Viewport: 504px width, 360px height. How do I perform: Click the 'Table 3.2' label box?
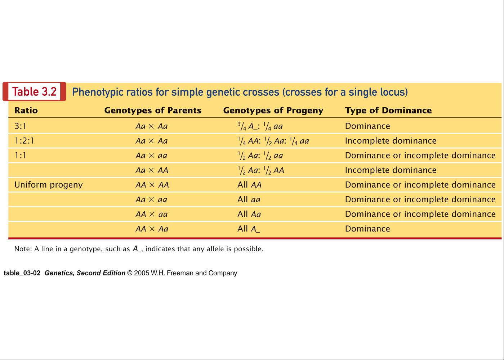pos(34,91)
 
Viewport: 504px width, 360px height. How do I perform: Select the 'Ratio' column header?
pos(26,111)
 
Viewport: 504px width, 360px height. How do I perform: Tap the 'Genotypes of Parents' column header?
pos(153,111)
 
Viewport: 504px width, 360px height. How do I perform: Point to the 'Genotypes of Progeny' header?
pos(273,111)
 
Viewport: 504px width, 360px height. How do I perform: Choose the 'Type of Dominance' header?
pos(388,111)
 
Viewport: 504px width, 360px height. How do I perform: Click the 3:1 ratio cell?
pos(21,126)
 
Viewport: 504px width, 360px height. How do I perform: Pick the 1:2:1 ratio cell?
pos(24,141)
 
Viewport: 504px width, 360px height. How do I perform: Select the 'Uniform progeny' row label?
pos(49,185)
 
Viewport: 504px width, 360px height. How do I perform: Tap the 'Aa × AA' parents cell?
pos(152,170)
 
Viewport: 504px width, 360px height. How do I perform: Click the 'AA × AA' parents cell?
pos(152,185)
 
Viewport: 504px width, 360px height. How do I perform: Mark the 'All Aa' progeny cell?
pos(249,214)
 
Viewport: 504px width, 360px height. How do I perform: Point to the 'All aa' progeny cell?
pos(249,199)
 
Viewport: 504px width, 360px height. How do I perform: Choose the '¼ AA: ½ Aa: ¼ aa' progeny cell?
pos(273,141)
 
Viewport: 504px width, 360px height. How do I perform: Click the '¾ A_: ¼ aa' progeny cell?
pos(260,126)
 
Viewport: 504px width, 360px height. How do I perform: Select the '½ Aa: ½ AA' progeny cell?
pos(261,170)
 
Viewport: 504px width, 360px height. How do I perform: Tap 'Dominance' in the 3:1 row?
pos(367,126)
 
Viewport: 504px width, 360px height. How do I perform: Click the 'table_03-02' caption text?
pos(22,273)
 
